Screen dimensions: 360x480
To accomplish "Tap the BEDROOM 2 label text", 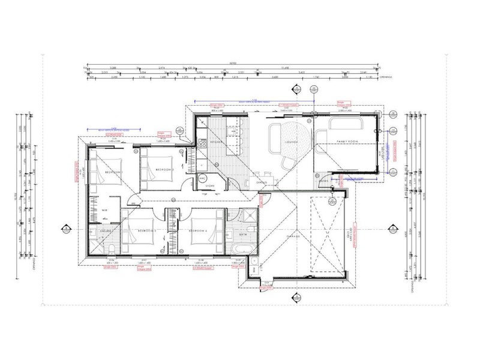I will point(164,170).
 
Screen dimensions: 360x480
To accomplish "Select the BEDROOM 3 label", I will point(146,231).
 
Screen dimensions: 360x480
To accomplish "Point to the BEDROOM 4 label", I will point(199,231).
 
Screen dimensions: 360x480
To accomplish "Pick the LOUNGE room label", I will point(292,143).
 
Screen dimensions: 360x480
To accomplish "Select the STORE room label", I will point(210,186).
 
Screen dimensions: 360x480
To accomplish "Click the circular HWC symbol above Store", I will point(203,178).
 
